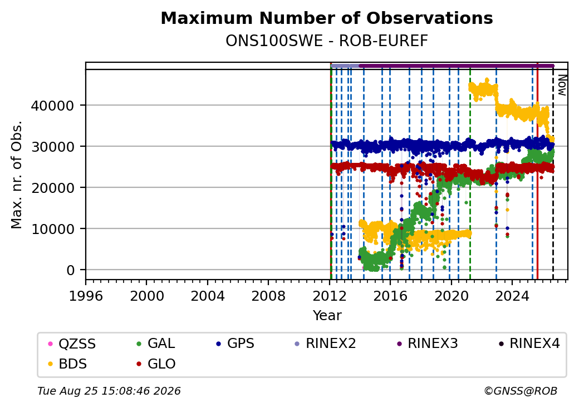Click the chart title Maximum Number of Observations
coord(327,18)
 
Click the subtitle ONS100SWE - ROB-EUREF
coord(327,41)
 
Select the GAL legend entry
coord(155,344)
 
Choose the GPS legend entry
coord(235,344)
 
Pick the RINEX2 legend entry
coord(325,344)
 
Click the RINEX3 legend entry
coord(427,344)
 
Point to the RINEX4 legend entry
coord(529,344)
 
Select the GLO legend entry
coord(156,364)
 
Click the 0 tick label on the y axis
coord(71,271)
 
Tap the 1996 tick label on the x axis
coord(86,296)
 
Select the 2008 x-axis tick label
coord(268,296)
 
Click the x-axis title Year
coord(327,316)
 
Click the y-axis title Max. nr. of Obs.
coord(17,175)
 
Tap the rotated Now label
coord(562,85)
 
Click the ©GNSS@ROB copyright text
coord(521,391)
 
